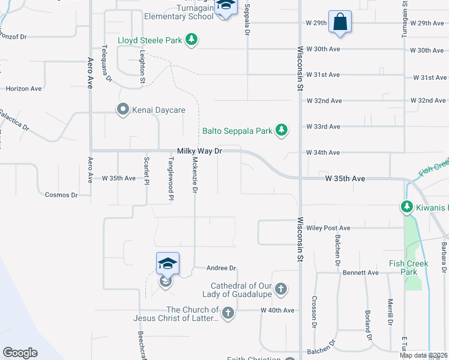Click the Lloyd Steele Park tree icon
192,40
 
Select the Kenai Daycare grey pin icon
123,110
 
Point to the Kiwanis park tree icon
406,208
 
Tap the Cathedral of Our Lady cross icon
280,290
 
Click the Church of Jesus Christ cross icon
228,313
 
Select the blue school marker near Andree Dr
168,263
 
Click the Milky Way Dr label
199,152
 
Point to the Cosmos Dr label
61,195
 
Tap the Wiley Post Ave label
328,228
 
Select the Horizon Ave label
23,88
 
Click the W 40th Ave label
277,310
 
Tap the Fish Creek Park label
418,267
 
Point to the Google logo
20,353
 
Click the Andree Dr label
221,268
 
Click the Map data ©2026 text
423,355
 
